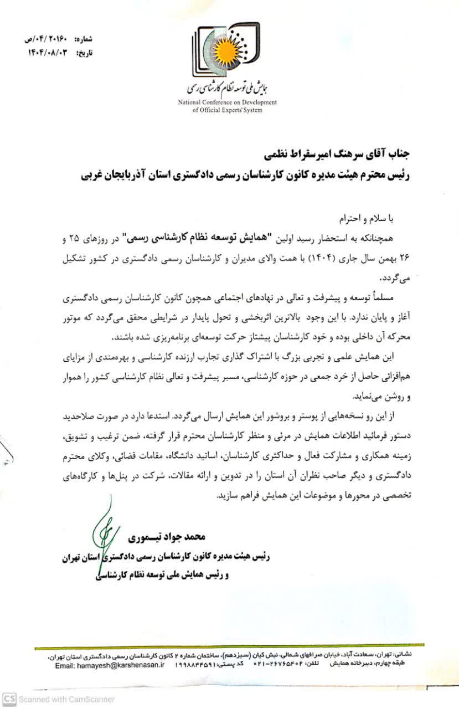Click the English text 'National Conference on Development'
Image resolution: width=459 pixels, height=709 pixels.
point(227,102)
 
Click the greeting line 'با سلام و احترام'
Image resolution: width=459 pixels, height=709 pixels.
point(366,219)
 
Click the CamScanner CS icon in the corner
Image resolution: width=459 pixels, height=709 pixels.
point(9,699)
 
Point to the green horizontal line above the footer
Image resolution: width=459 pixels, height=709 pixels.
point(230,646)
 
